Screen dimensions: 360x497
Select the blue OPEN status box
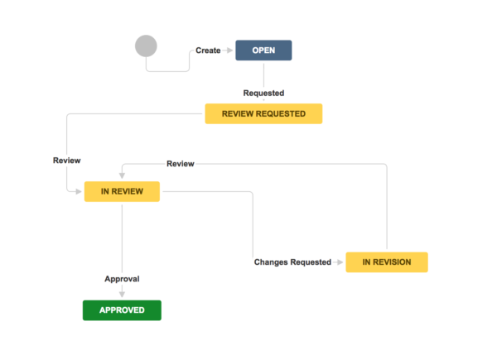tap(263, 50)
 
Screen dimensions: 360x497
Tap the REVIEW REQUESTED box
tap(263, 113)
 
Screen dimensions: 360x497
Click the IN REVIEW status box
tap(122, 192)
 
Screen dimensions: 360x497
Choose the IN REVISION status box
tap(387, 262)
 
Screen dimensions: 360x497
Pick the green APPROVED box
tap(122, 310)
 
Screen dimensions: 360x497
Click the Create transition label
tap(208, 50)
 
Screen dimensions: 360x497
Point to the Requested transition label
tap(263, 93)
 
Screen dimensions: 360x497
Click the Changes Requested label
tap(292, 262)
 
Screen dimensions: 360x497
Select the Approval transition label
tap(122, 279)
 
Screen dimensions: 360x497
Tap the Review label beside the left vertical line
tap(66, 160)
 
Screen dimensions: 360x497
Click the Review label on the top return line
tap(181, 164)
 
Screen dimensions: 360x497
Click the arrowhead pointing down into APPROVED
tap(122, 295)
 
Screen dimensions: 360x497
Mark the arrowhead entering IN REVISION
tap(340, 262)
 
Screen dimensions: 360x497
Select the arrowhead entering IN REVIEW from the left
tap(80, 192)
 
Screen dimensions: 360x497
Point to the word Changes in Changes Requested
tap(271, 262)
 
